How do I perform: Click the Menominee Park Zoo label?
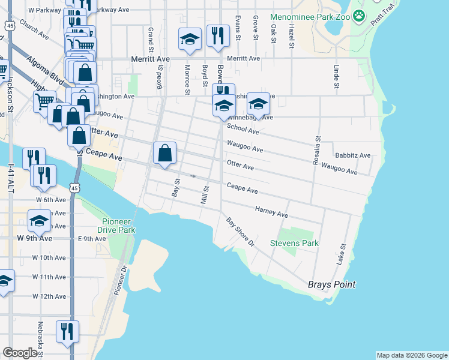[310, 17]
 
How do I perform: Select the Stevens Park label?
[294, 243]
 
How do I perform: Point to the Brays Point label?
[332, 284]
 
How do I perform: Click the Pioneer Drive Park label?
[116, 225]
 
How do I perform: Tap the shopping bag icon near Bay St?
[165, 153]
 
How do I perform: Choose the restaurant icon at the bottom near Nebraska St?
[67, 331]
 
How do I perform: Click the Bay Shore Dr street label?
[240, 232]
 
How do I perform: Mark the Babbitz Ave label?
[353, 155]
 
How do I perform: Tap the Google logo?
[20, 353]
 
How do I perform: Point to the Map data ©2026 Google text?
[411, 355]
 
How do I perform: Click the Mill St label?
[205, 195]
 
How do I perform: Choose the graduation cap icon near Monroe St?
[190, 40]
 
